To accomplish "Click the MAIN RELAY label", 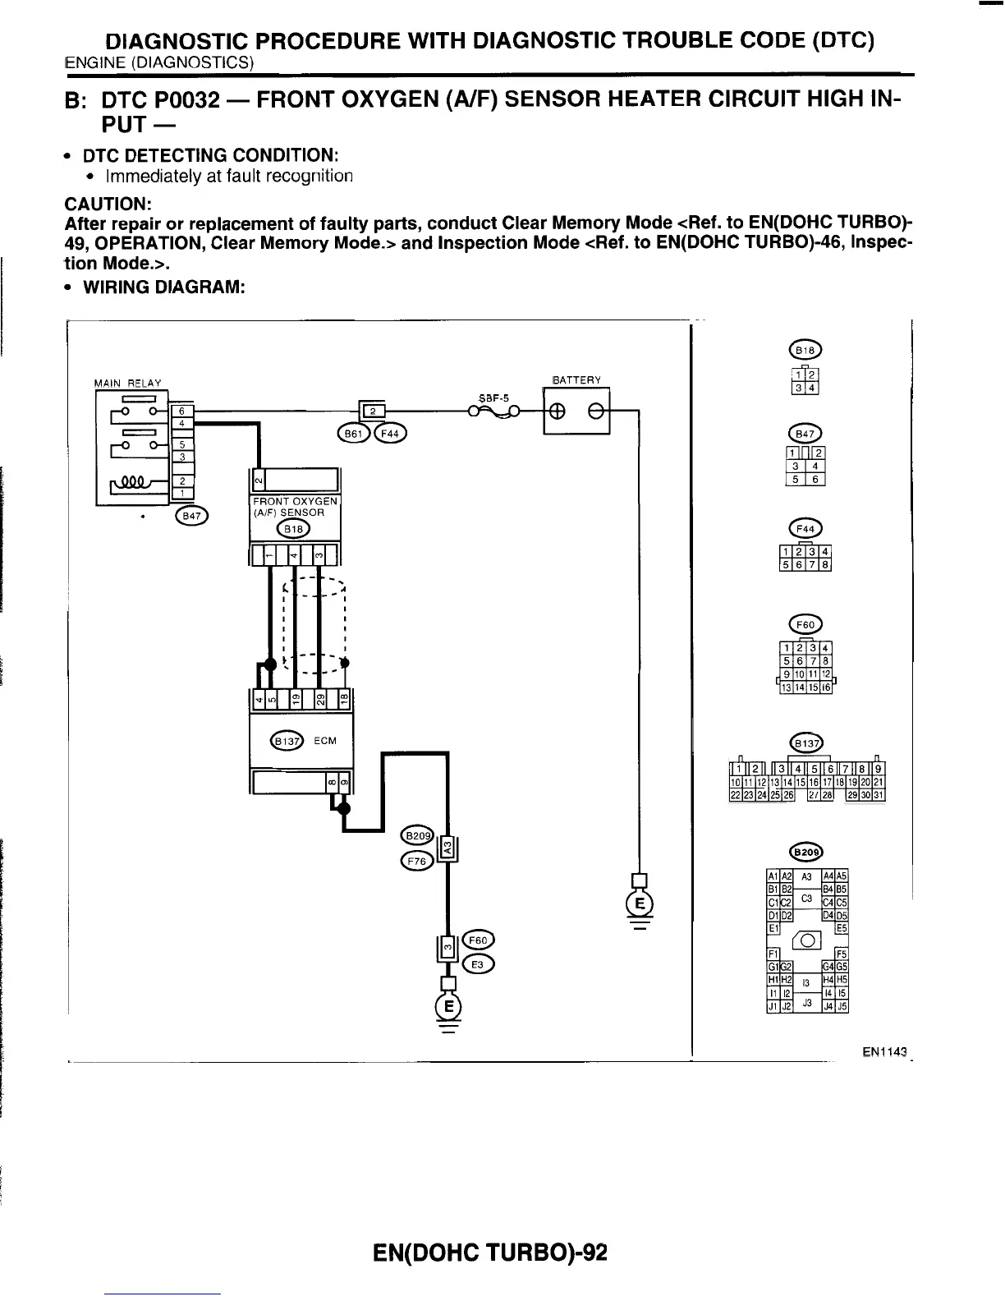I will (128, 383).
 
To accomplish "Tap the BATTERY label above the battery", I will (576, 379).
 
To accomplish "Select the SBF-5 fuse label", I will (493, 397).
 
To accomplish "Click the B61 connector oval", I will (354, 433).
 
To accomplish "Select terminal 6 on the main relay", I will (181, 410).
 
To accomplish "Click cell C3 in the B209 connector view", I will (806, 899).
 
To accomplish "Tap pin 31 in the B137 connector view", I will (878, 795).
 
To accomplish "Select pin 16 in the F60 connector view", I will (827, 688).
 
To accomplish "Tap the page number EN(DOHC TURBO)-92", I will (489, 1253).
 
